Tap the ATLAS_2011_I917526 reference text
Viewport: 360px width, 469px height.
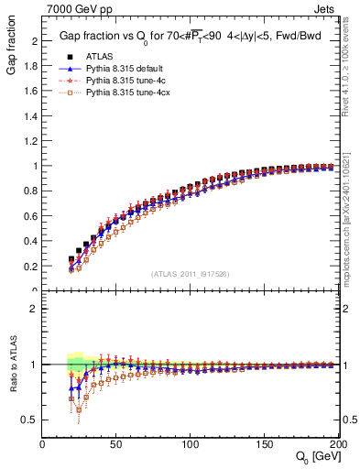point(191,273)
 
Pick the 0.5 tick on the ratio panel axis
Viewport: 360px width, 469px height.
point(32,420)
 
